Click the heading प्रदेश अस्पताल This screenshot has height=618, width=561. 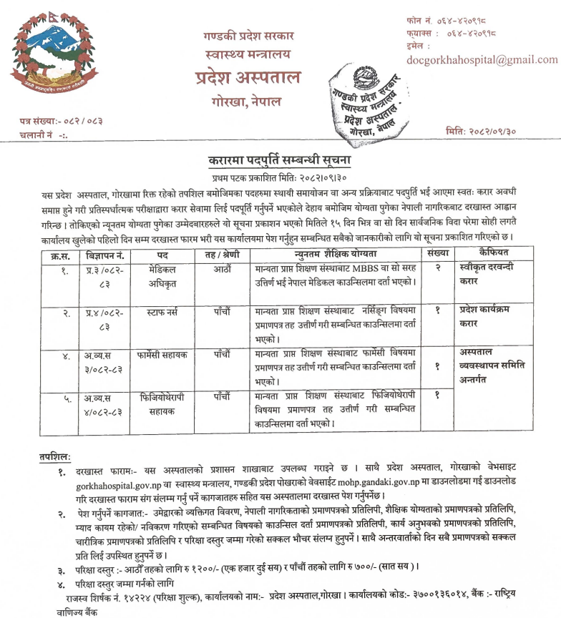(x=249, y=78)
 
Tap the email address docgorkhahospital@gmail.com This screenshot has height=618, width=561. (x=482, y=60)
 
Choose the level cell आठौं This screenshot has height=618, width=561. (x=221, y=270)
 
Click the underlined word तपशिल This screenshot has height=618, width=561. (x=54, y=456)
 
